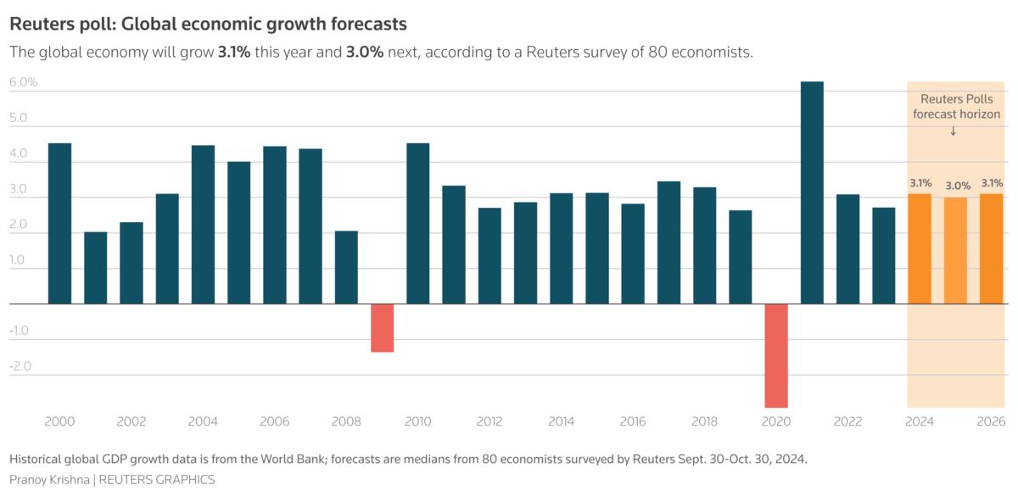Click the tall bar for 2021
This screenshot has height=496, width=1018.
coord(812,192)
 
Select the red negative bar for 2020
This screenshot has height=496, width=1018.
coord(776,355)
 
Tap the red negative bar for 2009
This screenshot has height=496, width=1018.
coord(383,327)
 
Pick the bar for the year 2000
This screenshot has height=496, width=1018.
coord(59,223)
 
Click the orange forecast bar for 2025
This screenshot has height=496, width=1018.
coord(955,250)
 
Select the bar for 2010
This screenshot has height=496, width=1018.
coord(418,223)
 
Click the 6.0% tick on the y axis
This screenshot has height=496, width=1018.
coord(24,82)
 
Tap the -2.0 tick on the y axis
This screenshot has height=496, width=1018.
coord(21,366)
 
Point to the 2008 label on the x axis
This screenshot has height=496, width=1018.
coord(346,421)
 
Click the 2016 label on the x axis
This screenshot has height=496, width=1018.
coord(633,421)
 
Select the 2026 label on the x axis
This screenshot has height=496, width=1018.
coord(991,421)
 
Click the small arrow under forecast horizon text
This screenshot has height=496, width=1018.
coord(954,131)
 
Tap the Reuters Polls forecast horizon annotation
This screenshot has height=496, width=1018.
coord(955,107)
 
